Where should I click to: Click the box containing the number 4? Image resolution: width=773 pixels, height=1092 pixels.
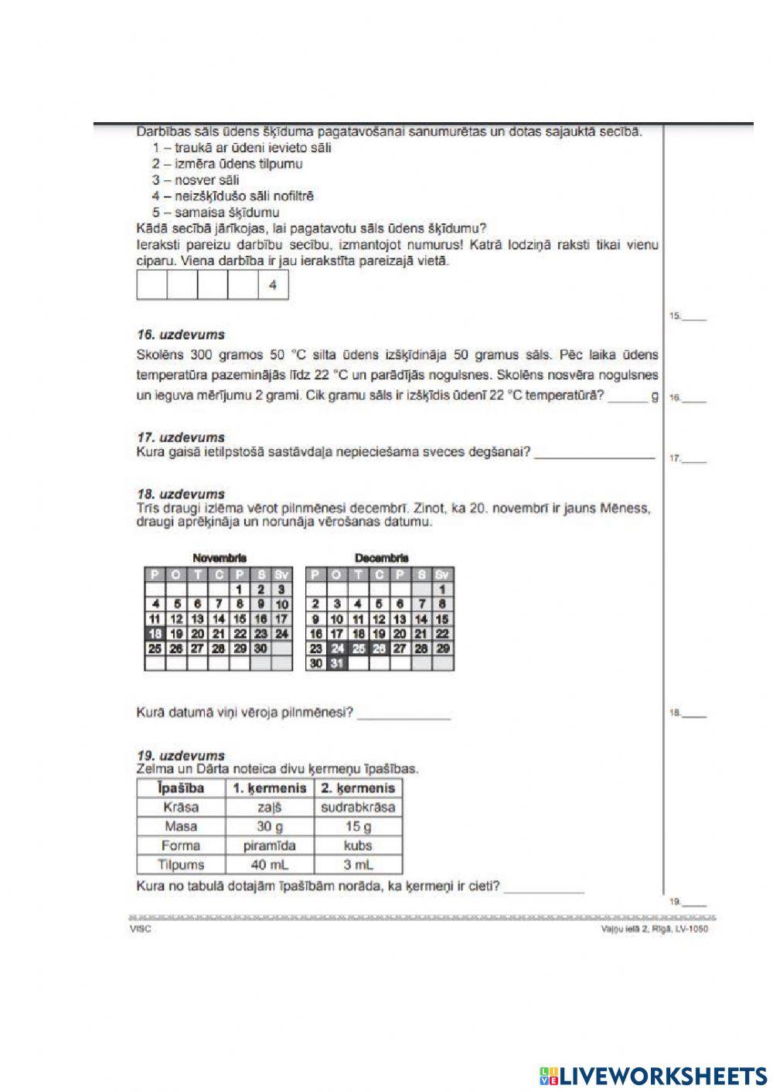tap(273, 285)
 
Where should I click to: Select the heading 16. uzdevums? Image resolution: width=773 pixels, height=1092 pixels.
tap(180, 335)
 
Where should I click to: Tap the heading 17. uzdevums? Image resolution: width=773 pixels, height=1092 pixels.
tap(180, 437)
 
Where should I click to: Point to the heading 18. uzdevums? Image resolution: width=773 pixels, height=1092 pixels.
tap(180, 494)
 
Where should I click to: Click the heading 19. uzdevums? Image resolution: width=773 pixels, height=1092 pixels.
tap(180, 756)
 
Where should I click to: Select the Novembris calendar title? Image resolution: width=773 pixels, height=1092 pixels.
tap(220, 557)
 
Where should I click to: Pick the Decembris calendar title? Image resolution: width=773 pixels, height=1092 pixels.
tap(381, 557)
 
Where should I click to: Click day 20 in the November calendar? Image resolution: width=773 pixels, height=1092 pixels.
tap(197, 634)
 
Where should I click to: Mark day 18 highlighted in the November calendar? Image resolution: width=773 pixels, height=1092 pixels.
tap(155, 634)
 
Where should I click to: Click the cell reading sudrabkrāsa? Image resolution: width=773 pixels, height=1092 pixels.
tap(358, 807)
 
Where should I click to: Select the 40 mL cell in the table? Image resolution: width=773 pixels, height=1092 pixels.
tap(269, 865)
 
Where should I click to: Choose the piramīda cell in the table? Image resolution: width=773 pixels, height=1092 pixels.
tap(269, 845)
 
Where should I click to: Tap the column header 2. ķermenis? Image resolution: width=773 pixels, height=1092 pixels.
tap(358, 788)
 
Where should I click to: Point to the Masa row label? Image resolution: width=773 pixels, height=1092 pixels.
tap(181, 826)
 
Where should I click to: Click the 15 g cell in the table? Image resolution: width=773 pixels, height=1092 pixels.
tap(358, 826)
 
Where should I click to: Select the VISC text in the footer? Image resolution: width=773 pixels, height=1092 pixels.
tap(141, 929)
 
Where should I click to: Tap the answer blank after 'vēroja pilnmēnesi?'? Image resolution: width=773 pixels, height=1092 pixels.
tap(404, 713)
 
